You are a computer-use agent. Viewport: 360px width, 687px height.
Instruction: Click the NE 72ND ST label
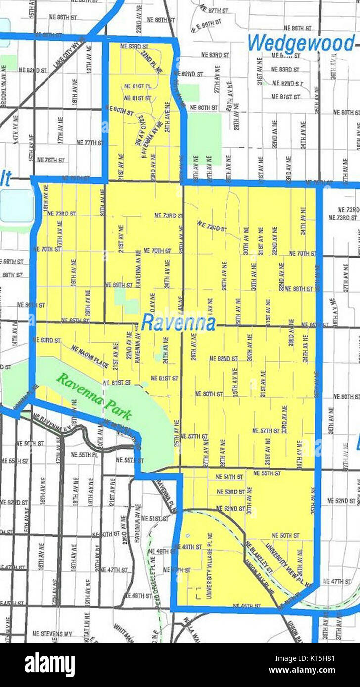(x=212, y=227)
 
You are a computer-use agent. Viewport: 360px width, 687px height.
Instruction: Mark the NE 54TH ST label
(x=230, y=477)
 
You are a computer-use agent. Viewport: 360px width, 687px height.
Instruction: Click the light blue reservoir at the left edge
(x=16, y=206)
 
